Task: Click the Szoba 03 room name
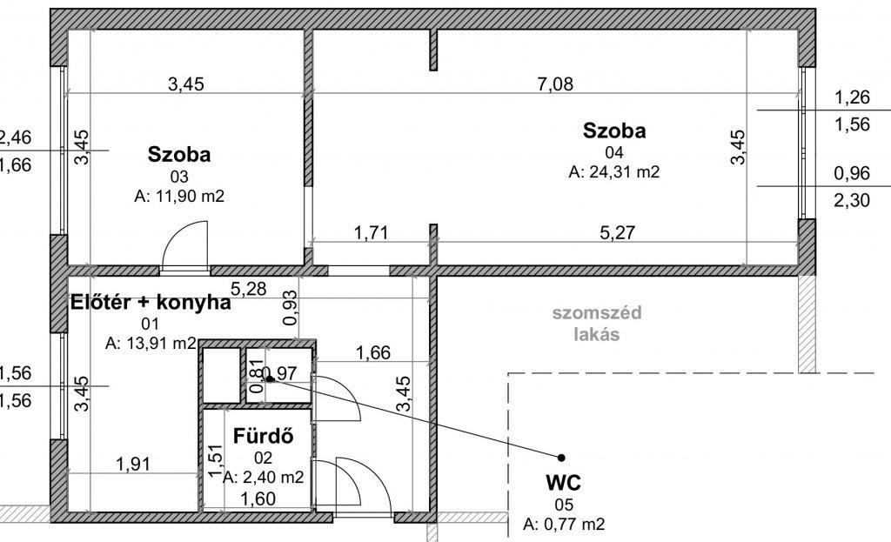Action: coord(179,155)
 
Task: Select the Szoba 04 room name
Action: coord(614,130)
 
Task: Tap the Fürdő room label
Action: coord(263,436)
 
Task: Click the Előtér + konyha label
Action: coord(151,302)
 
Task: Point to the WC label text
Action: coord(563,483)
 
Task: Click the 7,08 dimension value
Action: coord(555,84)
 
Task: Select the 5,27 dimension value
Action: coord(617,232)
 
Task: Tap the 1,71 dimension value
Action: coord(371,232)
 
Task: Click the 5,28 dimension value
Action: coord(248,289)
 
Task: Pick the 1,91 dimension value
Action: coord(133,465)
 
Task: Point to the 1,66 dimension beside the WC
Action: coord(372,353)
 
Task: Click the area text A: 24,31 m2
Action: coord(614,171)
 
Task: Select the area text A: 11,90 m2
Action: coord(179,196)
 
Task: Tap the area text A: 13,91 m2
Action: coord(151,343)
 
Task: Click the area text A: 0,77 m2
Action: coord(564,524)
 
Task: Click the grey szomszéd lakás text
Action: coord(597,324)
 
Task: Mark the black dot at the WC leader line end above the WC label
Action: coord(561,458)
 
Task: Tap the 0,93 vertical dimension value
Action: coord(290,307)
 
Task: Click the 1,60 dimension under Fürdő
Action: coord(258,499)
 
